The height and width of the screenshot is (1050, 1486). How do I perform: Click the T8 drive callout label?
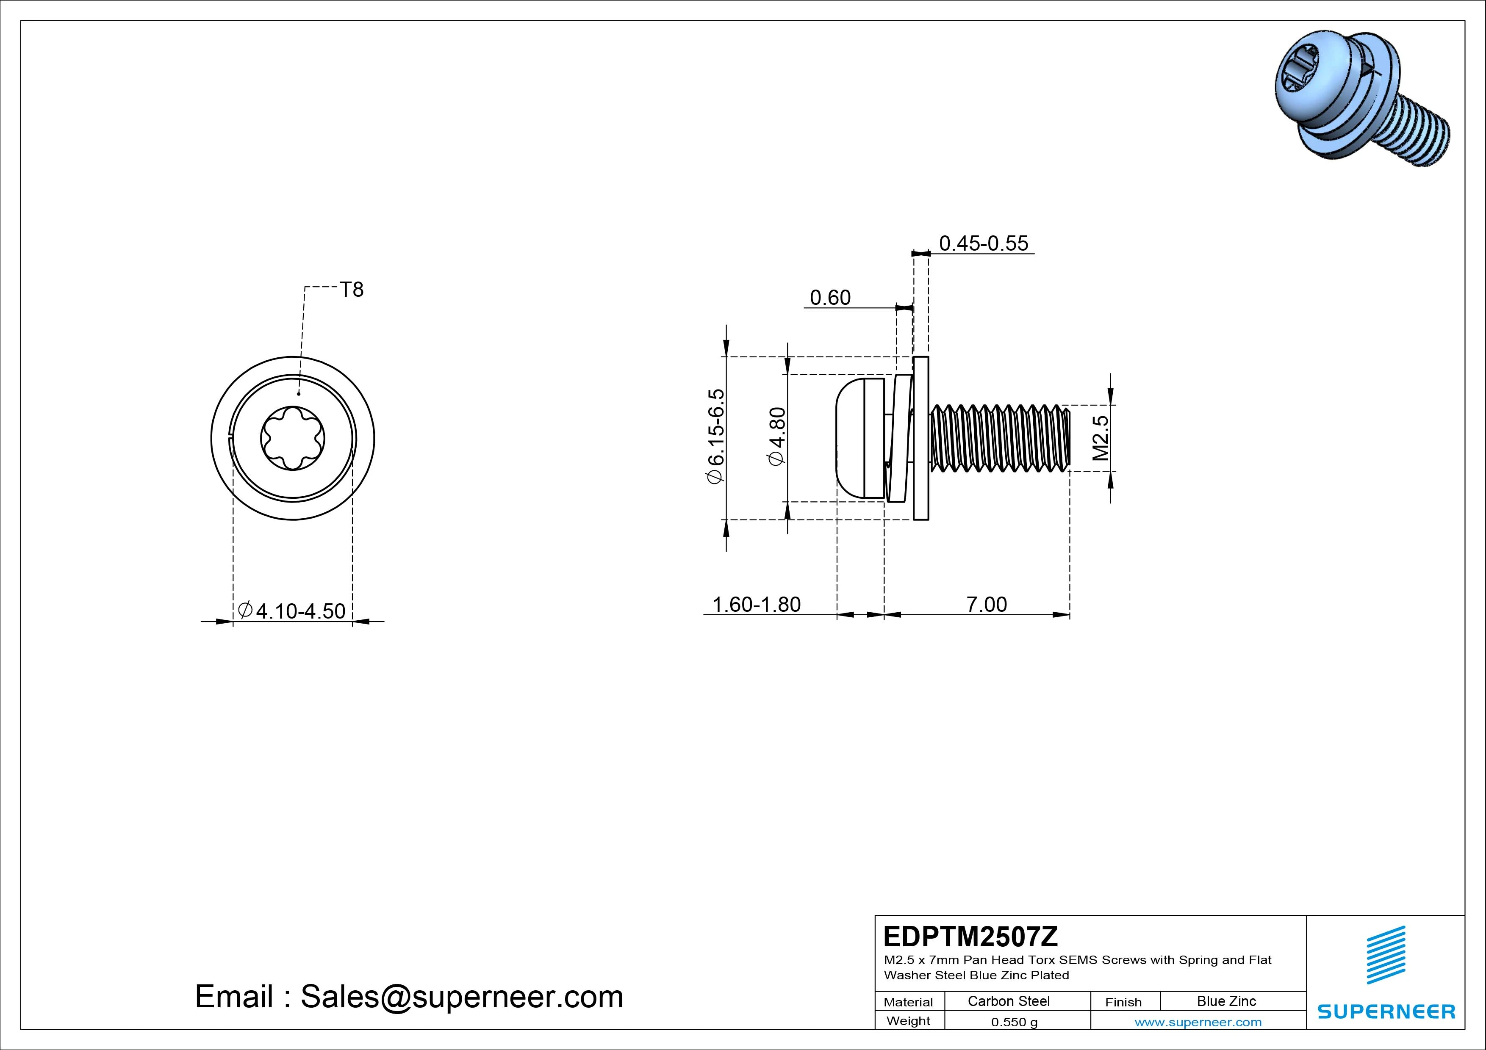tap(352, 290)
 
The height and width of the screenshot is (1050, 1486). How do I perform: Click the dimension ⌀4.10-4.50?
tap(292, 611)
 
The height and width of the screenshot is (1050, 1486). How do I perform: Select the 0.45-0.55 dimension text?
tap(983, 243)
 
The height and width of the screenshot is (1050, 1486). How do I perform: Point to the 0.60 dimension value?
tap(830, 298)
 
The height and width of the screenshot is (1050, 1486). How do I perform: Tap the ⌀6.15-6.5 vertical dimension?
tap(716, 436)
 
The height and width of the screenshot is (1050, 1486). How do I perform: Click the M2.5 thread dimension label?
tap(1100, 438)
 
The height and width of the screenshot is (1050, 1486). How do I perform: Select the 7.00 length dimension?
tap(986, 604)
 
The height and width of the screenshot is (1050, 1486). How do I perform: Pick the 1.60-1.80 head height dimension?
tap(756, 604)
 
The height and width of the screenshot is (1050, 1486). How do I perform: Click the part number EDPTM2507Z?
tap(970, 936)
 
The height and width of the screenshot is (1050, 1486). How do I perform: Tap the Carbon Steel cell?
tap(1008, 1001)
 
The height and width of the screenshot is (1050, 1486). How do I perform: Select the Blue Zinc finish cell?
tap(1226, 1001)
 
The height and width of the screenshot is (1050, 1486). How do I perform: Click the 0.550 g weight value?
tap(1014, 1022)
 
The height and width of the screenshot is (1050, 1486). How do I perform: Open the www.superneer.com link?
tap(1198, 1022)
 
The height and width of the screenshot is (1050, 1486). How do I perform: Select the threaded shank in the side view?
tap(1000, 438)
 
